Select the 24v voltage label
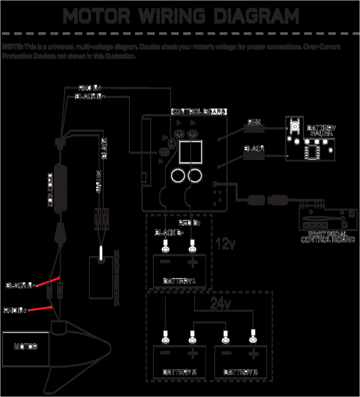pyautogui.click(x=220, y=304)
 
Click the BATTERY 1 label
pyautogui.click(x=179, y=281)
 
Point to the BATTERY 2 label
pyautogui.click(x=179, y=372)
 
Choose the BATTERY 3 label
pyautogui.click(x=241, y=372)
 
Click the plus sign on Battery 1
pyautogui.click(x=192, y=263)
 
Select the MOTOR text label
pyautogui.click(x=26, y=347)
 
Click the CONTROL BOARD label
pyautogui.click(x=199, y=112)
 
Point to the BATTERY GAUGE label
pyautogui.click(x=321, y=131)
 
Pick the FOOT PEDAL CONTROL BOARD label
pyautogui.click(x=328, y=237)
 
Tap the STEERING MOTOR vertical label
pyautogui.click(x=117, y=278)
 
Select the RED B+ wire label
pyautogui.click(x=189, y=223)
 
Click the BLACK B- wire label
pyautogui.click(x=169, y=233)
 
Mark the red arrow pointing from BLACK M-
pyautogui.click(x=48, y=281)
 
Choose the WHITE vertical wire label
pyautogui.click(x=99, y=181)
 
